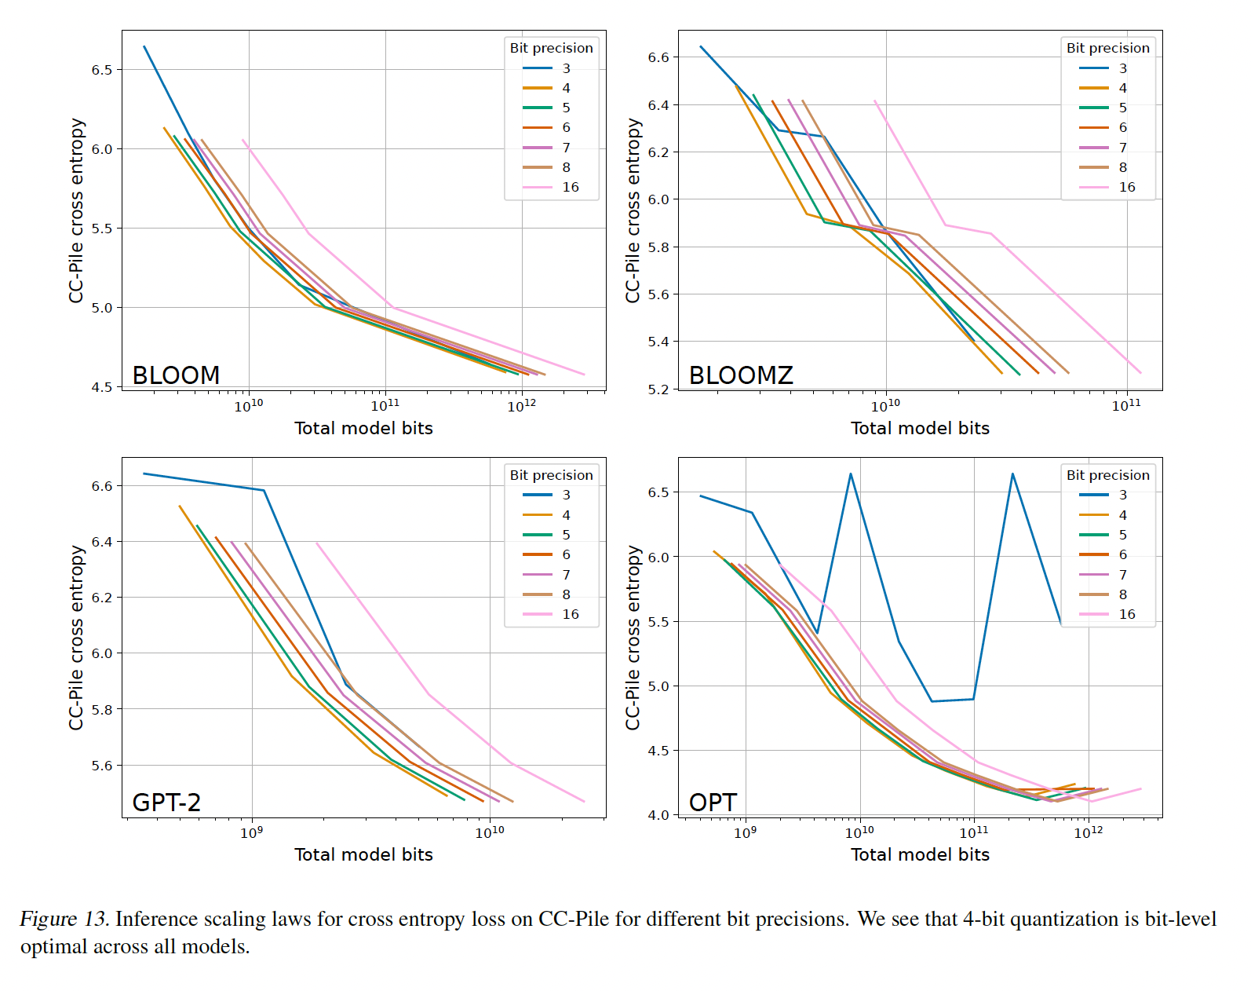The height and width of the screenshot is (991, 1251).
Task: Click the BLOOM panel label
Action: pyautogui.click(x=176, y=375)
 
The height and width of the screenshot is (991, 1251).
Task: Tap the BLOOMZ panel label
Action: pyautogui.click(x=741, y=375)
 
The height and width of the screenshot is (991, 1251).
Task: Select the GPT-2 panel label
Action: pyautogui.click(x=166, y=802)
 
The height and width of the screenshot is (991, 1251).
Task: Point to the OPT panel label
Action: pyautogui.click(x=713, y=802)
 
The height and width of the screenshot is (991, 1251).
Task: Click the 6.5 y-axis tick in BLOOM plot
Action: pyautogui.click(x=102, y=70)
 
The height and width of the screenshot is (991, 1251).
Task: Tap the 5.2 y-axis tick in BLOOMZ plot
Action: pyautogui.click(x=658, y=389)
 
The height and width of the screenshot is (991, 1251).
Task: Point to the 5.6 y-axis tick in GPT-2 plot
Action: pyautogui.click(x=102, y=766)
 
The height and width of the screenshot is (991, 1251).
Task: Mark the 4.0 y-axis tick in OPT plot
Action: pyautogui.click(x=658, y=815)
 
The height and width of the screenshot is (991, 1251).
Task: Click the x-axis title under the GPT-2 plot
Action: pyautogui.click(x=363, y=854)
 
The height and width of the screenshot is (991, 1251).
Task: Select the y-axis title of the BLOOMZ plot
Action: pyautogui.click(x=633, y=210)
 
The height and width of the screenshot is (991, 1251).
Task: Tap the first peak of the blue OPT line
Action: pyautogui.click(x=851, y=474)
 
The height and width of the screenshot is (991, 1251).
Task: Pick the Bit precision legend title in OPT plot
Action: pyautogui.click(x=1107, y=475)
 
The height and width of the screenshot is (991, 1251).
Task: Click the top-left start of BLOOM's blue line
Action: pyautogui.click(x=144, y=46)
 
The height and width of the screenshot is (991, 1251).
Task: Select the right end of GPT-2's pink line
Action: pyautogui.click(x=585, y=802)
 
